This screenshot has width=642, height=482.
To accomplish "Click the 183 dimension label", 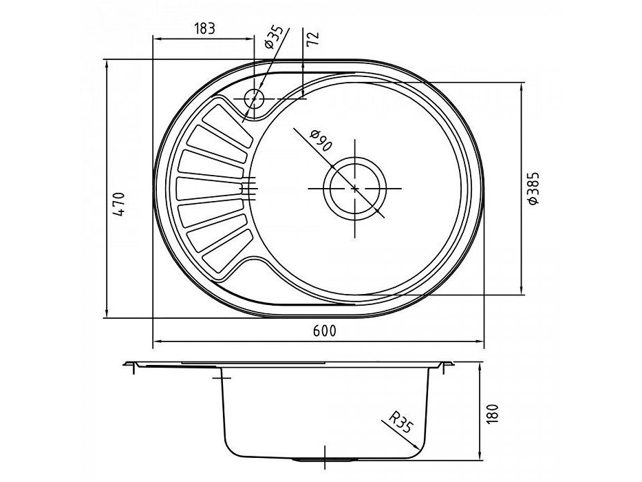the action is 204,28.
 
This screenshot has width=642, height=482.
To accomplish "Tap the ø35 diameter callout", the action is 273,37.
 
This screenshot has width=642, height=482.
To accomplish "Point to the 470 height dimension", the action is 118,204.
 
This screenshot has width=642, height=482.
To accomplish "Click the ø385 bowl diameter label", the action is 534,188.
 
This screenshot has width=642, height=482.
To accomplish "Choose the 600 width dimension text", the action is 324,331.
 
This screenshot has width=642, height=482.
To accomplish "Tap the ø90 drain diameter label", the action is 321,140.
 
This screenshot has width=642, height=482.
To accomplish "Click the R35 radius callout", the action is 399,422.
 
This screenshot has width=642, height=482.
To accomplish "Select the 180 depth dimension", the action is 494,414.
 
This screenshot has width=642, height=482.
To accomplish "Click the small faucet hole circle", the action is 255,98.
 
